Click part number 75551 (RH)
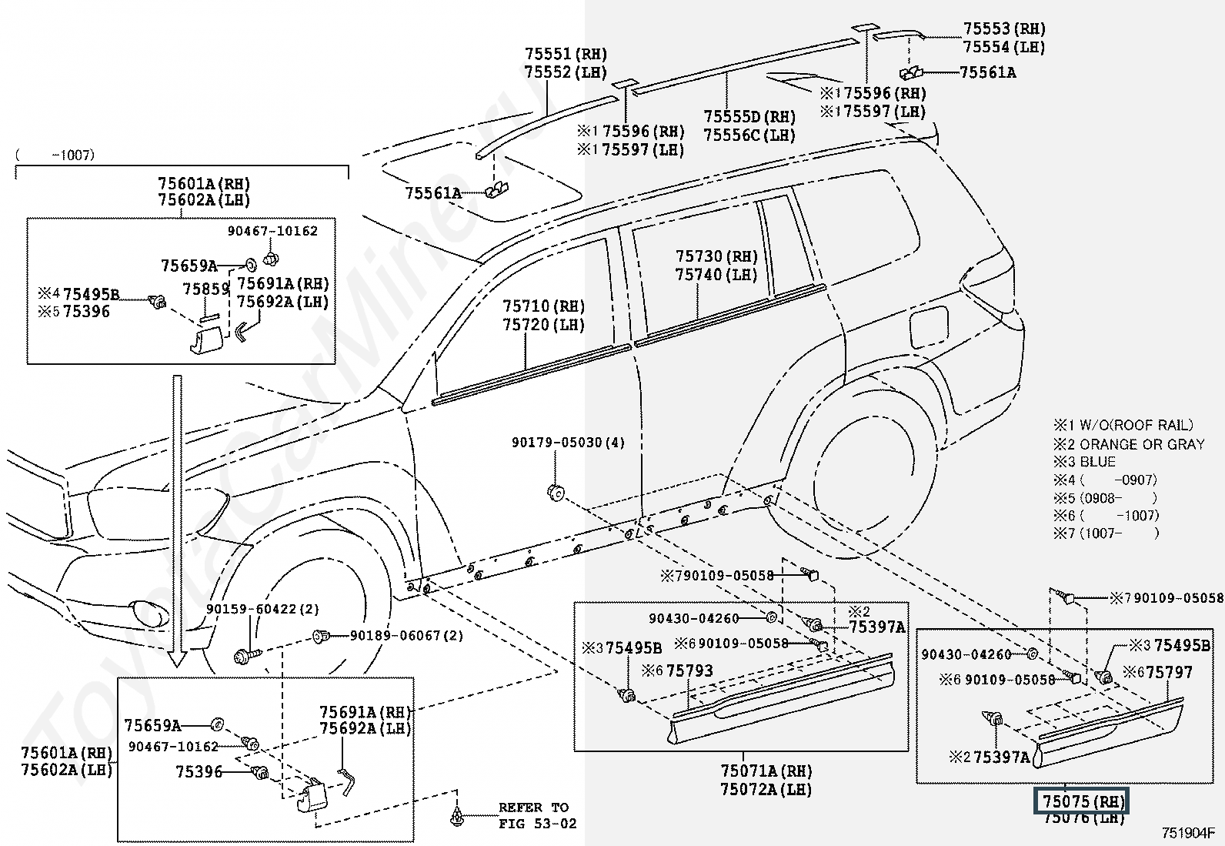(566, 54)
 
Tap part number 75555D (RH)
(749, 117)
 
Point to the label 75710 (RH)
(543, 306)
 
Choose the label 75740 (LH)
(716, 275)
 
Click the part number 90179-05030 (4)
(568, 443)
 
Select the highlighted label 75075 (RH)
(1083, 801)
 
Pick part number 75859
(206, 289)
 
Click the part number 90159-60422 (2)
(262, 609)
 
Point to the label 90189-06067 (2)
(407, 636)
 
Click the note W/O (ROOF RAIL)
(1137, 425)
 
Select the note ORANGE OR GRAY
(1142, 444)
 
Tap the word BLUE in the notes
(1097, 462)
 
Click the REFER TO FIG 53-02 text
(533, 815)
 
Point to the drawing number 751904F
(1187, 833)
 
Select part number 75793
(689, 670)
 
